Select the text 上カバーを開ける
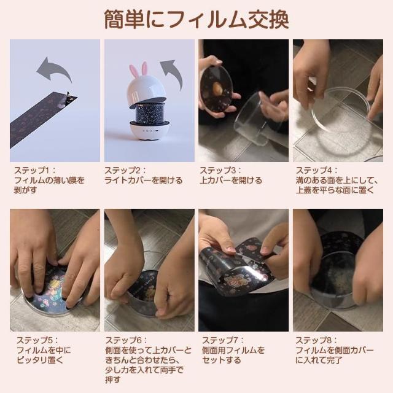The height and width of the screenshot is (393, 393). (x=231, y=181)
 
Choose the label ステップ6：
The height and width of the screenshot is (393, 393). (x=125, y=340)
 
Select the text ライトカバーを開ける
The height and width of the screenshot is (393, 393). (x=143, y=181)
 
